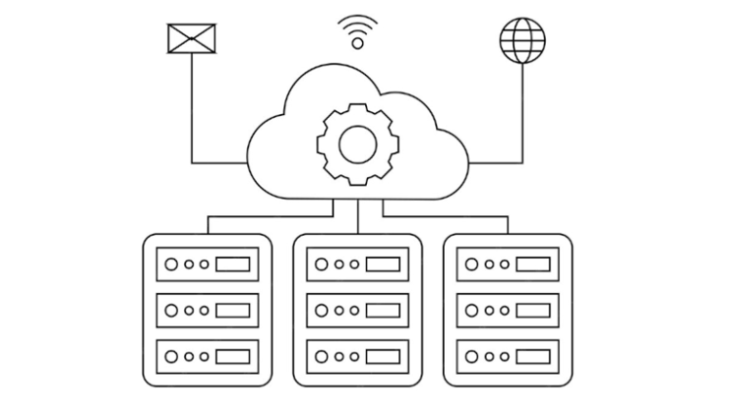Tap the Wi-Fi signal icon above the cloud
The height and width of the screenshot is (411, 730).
pyautogui.click(x=357, y=29)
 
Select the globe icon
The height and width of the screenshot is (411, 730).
pyautogui.click(x=523, y=40)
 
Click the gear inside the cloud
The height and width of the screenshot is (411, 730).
pyautogui.click(x=357, y=144)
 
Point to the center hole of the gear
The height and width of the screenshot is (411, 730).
pyautogui.click(x=357, y=144)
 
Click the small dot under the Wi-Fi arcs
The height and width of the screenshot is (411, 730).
pyautogui.click(x=357, y=43)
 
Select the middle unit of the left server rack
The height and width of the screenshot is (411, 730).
pyautogui.click(x=206, y=310)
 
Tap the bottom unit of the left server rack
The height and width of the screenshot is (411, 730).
pyautogui.click(x=206, y=356)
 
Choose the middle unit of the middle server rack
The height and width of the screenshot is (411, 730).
pyautogui.click(x=357, y=310)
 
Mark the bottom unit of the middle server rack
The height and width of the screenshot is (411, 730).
pyautogui.click(x=357, y=356)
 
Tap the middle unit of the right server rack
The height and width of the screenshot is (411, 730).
pyautogui.click(x=508, y=310)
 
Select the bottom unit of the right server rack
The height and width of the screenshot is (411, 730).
pyautogui.click(x=508, y=356)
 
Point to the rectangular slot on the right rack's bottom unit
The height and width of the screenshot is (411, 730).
pyautogui.click(x=532, y=356)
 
